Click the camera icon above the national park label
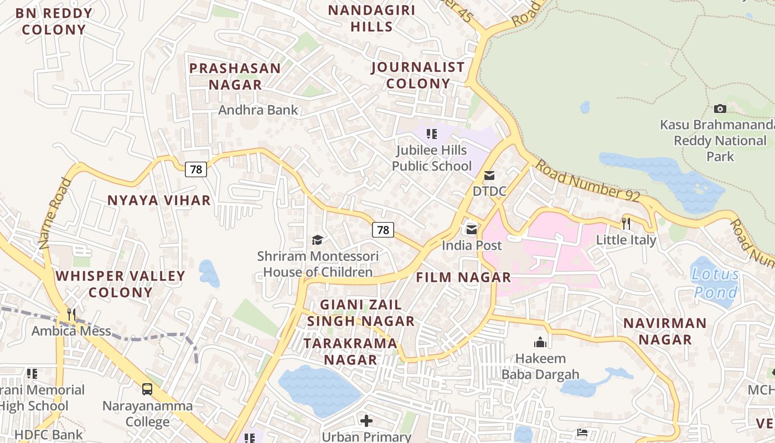(x=720, y=109)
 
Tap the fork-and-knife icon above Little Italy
(x=626, y=223)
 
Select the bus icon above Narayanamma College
(x=147, y=389)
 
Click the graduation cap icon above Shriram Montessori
(x=317, y=240)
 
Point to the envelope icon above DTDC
(x=489, y=176)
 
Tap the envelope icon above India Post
(x=472, y=229)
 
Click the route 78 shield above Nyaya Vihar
(x=196, y=169)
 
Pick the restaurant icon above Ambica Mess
(x=71, y=315)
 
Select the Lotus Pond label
(x=716, y=283)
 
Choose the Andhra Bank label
(x=258, y=110)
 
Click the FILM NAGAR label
(x=463, y=277)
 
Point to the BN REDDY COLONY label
(x=54, y=22)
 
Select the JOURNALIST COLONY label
(x=418, y=75)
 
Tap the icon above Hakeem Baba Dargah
(x=540, y=342)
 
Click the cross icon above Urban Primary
(x=366, y=421)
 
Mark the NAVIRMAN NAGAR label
(x=665, y=331)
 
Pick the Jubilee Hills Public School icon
(x=432, y=133)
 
